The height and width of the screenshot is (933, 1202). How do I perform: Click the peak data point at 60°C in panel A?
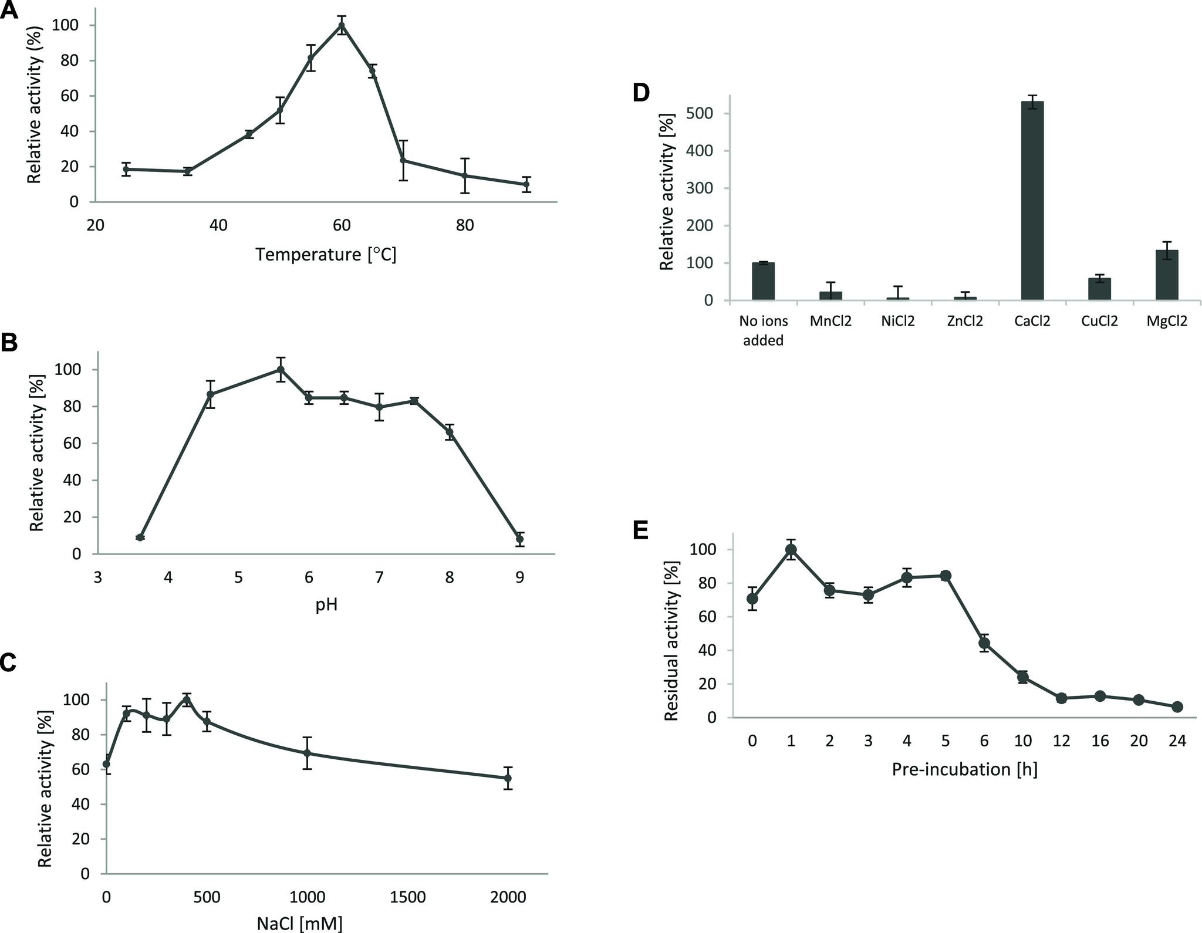(x=342, y=25)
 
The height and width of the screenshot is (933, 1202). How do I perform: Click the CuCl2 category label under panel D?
(x=1099, y=322)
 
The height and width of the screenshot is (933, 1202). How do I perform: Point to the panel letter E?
(x=640, y=530)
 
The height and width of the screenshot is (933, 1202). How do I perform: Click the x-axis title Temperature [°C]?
(x=326, y=255)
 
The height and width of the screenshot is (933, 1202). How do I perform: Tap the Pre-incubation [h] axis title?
(x=964, y=769)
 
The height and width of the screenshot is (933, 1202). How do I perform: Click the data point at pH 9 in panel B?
(x=519, y=539)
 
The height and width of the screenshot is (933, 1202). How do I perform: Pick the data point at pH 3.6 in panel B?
(x=140, y=538)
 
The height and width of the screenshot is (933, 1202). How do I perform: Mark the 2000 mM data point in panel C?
(x=508, y=779)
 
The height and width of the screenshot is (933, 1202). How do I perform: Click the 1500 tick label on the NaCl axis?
(x=407, y=897)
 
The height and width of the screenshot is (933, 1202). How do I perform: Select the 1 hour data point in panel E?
(x=791, y=550)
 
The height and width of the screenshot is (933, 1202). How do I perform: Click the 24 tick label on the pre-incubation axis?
(x=1177, y=741)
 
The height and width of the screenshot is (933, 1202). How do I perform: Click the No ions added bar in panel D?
(x=763, y=282)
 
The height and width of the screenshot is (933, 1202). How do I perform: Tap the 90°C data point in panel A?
(x=526, y=184)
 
